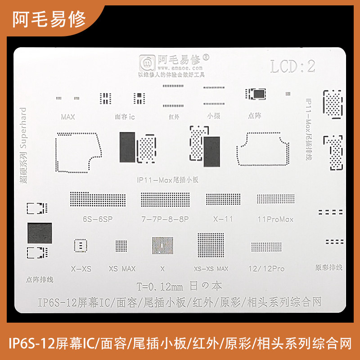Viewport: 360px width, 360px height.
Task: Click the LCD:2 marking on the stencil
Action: pyautogui.click(x=293, y=67)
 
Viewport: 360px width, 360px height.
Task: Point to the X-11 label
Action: pyautogui.click(x=223, y=219)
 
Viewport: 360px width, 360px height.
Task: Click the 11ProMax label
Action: pyautogui.click(x=275, y=219)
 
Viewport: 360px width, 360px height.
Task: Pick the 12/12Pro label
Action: pyautogui.click(x=266, y=269)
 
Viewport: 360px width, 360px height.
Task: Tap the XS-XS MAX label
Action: pyautogui.click(x=211, y=269)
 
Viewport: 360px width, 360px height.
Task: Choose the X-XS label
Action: pyautogui.click(x=81, y=269)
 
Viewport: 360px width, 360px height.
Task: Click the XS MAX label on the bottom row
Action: pyautogui.click(x=122, y=269)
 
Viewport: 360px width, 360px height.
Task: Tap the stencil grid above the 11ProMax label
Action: pyautogui.click(x=275, y=199)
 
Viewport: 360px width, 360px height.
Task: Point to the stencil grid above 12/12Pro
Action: pyautogui.click(x=266, y=247)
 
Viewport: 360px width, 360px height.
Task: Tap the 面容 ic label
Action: pyautogui.click(x=125, y=117)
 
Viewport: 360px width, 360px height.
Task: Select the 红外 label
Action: pyautogui.click(x=174, y=117)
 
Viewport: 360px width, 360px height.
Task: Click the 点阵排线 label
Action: pyautogui.click(x=40, y=279)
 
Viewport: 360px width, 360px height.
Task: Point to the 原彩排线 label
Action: pyautogui.click(x=329, y=267)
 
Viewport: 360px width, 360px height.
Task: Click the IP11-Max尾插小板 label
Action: pyautogui.click(x=167, y=179)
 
